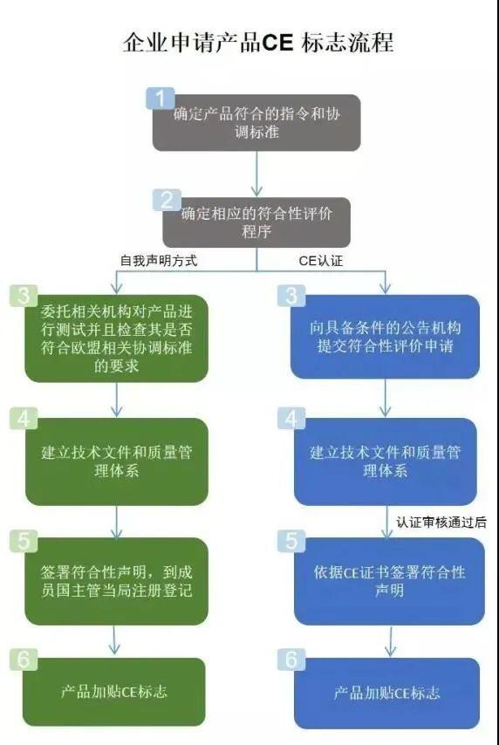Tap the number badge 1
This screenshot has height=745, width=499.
(x=160, y=97)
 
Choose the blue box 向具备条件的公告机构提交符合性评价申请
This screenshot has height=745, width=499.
(x=385, y=337)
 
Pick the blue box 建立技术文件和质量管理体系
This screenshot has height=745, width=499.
(x=385, y=461)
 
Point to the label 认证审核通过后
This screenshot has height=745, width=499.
(x=441, y=523)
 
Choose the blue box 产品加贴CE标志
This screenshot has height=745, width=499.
(x=386, y=693)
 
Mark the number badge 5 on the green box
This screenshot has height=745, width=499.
(x=24, y=540)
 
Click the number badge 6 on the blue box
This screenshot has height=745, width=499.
(x=291, y=660)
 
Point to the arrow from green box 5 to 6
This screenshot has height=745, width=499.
(x=116, y=640)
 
